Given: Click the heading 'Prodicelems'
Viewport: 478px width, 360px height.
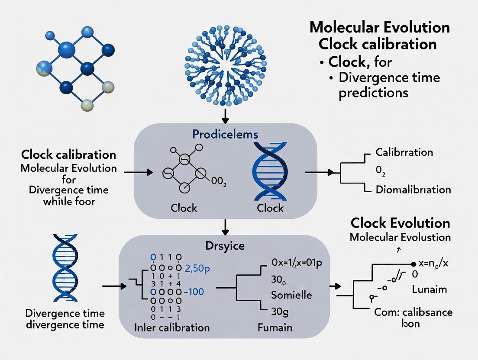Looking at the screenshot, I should pos(225,134).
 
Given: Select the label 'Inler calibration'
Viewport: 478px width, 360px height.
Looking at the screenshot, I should pos(172,327).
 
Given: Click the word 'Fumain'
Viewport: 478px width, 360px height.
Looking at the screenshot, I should pos(274,327).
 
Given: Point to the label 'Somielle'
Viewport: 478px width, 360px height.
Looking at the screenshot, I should pos(291,295).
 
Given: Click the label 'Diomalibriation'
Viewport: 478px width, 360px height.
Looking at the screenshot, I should pos(413,190).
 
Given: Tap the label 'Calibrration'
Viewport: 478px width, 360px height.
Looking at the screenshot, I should pos(404,152).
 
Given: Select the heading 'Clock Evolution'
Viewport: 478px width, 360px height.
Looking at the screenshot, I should pos(400,223).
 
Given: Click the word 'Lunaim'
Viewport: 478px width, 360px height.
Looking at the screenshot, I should pos(430,289).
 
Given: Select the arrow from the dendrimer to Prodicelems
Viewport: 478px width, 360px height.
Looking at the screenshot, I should pos(224,114).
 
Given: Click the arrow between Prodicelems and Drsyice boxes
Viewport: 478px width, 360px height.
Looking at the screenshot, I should pos(224,226).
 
